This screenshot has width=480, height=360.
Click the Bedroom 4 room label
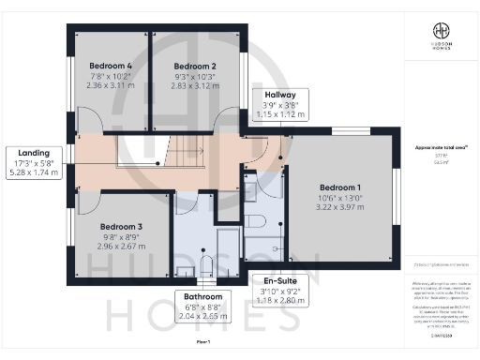[x=108, y=66]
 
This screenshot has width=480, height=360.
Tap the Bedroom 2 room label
[x=195, y=66]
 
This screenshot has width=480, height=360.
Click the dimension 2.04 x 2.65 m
[x=203, y=318]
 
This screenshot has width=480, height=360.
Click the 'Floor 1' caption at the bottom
[x=203, y=343]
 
